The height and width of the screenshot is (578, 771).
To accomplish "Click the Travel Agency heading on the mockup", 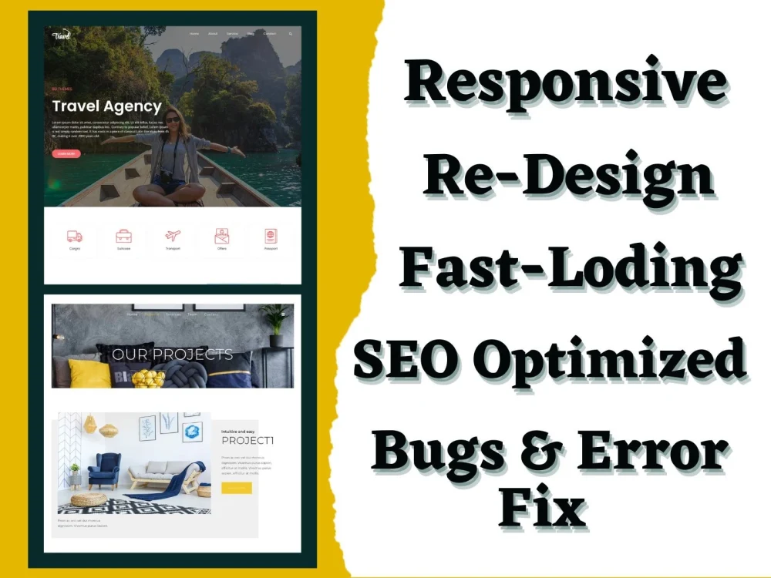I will coord(107,107).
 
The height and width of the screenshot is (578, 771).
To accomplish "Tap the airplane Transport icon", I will coord(173,235).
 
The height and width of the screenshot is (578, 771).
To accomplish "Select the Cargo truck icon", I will coord(75,236).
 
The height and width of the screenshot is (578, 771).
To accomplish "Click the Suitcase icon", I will coord(123,236).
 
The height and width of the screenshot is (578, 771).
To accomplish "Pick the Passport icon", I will coord(270,236).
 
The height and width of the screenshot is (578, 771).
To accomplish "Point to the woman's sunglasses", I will coord(173,119).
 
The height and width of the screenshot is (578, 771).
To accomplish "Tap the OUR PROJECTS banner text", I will coord(172,355).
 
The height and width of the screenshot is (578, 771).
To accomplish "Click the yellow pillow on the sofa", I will coord(89,373).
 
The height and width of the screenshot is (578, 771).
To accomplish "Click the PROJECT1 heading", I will coord(247,441).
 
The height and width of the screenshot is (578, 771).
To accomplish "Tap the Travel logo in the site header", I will coord(62,35).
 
